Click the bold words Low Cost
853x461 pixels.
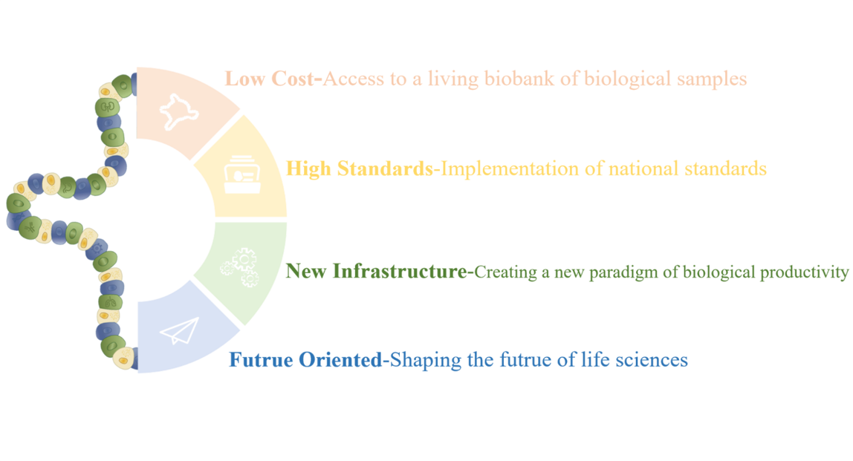pyautogui.click(x=269, y=79)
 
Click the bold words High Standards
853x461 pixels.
pyautogui.click(x=360, y=169)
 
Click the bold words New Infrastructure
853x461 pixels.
pyautogui.click(x=376, y=271)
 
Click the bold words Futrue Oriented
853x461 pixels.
pyautogui.click(x=305, y=360)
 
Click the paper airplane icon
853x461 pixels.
pyautogui.click(x=179, y=330)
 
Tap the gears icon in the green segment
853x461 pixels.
pyautogui.click(x=241, y=267)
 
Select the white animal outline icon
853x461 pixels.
pyautogui.click(x=178, y=111)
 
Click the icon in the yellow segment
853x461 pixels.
pyautogui.click(x=242, y=174)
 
